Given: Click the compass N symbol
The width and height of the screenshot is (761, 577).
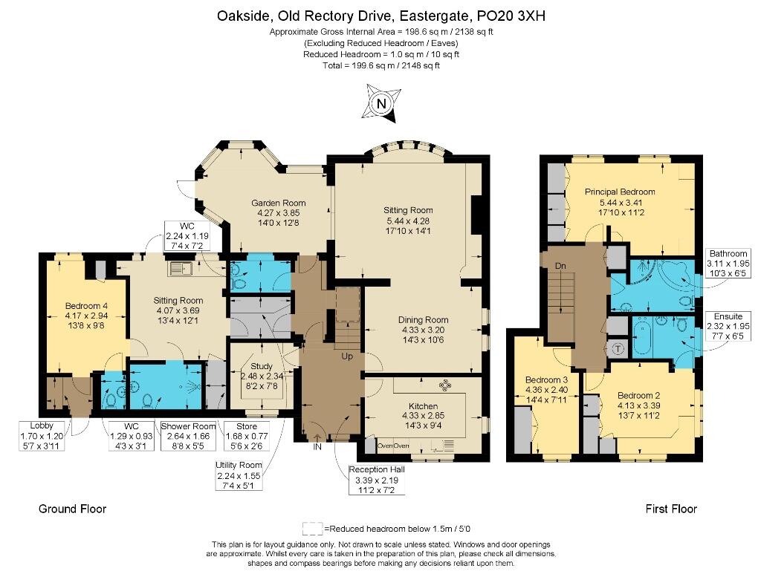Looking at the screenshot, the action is (381, 102).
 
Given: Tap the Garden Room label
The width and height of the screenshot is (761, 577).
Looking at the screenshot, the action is (278, 203).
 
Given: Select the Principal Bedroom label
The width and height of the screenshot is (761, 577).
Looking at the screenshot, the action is (620, 192).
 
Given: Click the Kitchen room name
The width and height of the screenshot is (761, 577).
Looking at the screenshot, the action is (423, 406).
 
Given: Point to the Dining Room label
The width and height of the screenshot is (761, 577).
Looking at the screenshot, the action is (423, 319).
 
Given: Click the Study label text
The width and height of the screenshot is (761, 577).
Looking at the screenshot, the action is (261, 366).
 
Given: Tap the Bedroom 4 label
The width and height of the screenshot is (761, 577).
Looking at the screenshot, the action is (86, 305).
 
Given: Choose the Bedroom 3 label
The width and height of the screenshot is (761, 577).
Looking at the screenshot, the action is (546, 379).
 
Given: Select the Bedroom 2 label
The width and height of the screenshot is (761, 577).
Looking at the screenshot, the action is (638, 395).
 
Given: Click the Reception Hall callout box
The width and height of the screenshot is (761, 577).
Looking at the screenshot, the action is (377, 480).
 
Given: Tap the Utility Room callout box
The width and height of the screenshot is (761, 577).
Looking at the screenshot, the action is (239, 475).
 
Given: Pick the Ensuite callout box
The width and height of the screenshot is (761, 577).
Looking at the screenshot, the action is (728, 326).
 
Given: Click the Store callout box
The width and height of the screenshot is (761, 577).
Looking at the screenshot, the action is (247, 436).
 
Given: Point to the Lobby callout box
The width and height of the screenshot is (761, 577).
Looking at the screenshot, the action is (42, 436).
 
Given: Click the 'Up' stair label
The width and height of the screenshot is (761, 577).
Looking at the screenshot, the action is (347, 356).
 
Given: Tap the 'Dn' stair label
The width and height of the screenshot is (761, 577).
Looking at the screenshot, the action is (560, 266).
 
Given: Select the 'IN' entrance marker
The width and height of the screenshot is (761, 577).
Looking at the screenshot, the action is (317, 446).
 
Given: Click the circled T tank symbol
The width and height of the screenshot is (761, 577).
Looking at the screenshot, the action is (618, 348).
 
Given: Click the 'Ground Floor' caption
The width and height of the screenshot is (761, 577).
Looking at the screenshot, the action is (72, 509).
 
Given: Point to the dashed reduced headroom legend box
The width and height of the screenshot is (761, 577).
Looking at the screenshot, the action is (313, 528).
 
